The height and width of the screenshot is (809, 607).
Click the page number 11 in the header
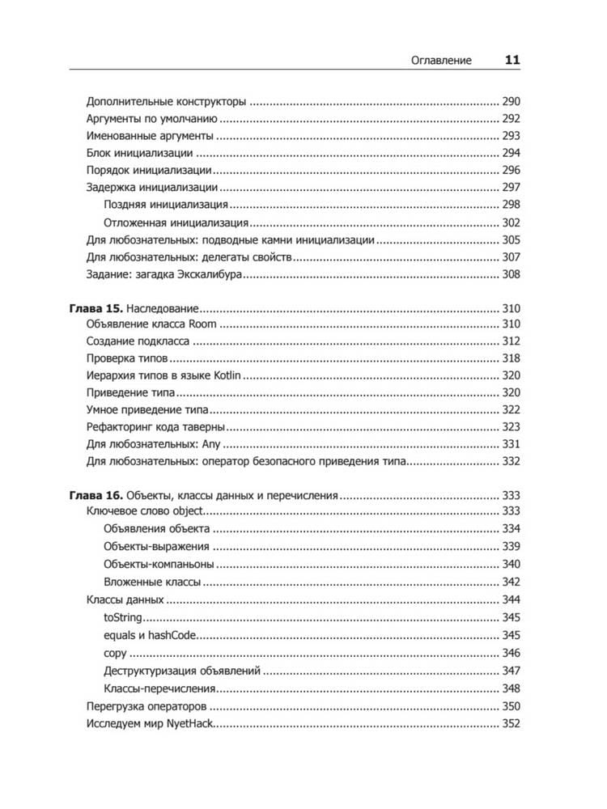[x=512, y=59]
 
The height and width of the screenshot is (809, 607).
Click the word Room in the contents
[x=203, y=324]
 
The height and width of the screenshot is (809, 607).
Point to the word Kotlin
[x=227, y=375]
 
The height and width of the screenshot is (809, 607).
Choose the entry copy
[x=116, y=653]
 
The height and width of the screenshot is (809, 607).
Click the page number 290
[x=511, y=103]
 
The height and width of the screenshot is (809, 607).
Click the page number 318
[x=511, y=358]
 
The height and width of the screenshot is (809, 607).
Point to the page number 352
[x=511, y=724]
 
